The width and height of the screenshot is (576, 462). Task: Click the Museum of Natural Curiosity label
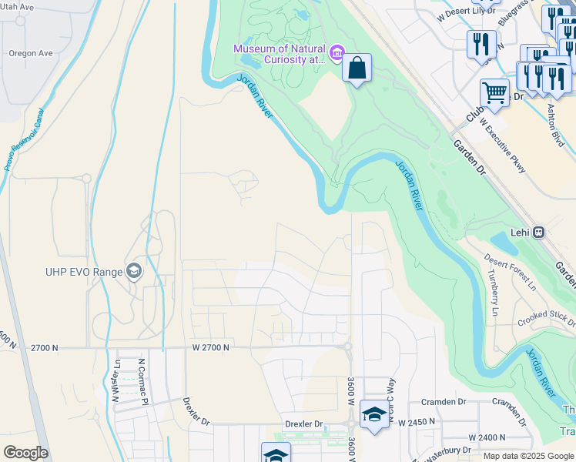[x=280, y=54]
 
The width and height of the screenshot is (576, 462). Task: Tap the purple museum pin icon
[x=337, y=53]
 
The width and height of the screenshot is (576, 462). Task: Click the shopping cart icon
[x=494, y=94]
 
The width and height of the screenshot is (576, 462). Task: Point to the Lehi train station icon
[x=539, y=232]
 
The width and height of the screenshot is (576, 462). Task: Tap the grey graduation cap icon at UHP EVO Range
[x=135, y=270]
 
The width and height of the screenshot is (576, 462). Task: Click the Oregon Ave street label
[x=31, y=53]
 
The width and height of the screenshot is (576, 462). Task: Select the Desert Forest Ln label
[x=511, y=273]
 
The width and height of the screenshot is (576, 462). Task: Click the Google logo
[x=25, y=453]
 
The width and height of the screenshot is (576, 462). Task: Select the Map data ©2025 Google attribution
[x=528, y=456]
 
